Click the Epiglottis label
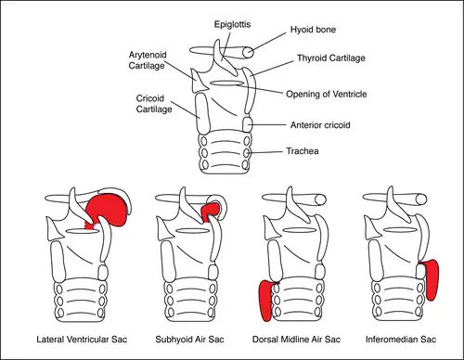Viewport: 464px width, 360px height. click(x=232, y=25)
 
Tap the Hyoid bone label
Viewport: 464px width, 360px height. click(x=313, y=30)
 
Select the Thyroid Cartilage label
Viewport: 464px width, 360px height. click(x=331, y=58)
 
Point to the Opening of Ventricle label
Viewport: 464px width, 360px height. click(x=327, y=95)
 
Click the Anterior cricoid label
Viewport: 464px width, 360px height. click(x=320, y=125)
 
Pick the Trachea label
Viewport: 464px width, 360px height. click(x=303, y=151)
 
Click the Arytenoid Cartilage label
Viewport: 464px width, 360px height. click(x=148, y=60)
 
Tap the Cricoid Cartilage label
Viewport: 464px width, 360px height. click(x=154, y=104)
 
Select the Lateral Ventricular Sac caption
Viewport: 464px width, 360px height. click(x=82, y=340)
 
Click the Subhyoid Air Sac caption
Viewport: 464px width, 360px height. click(x=189, y=340)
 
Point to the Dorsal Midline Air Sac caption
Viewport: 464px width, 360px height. click(x=296, y=340)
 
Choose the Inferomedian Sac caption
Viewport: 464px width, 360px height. click(x=401, y=340)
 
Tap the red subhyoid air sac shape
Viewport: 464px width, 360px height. click(x=210, y=211)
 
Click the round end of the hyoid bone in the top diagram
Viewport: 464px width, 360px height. click(x=248, y=53)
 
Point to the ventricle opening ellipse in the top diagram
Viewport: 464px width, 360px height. click(x=227, y=83)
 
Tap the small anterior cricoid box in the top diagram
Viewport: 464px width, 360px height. click(x=247, y=124)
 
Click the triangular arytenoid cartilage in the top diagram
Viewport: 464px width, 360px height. click(x=198, y=82)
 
